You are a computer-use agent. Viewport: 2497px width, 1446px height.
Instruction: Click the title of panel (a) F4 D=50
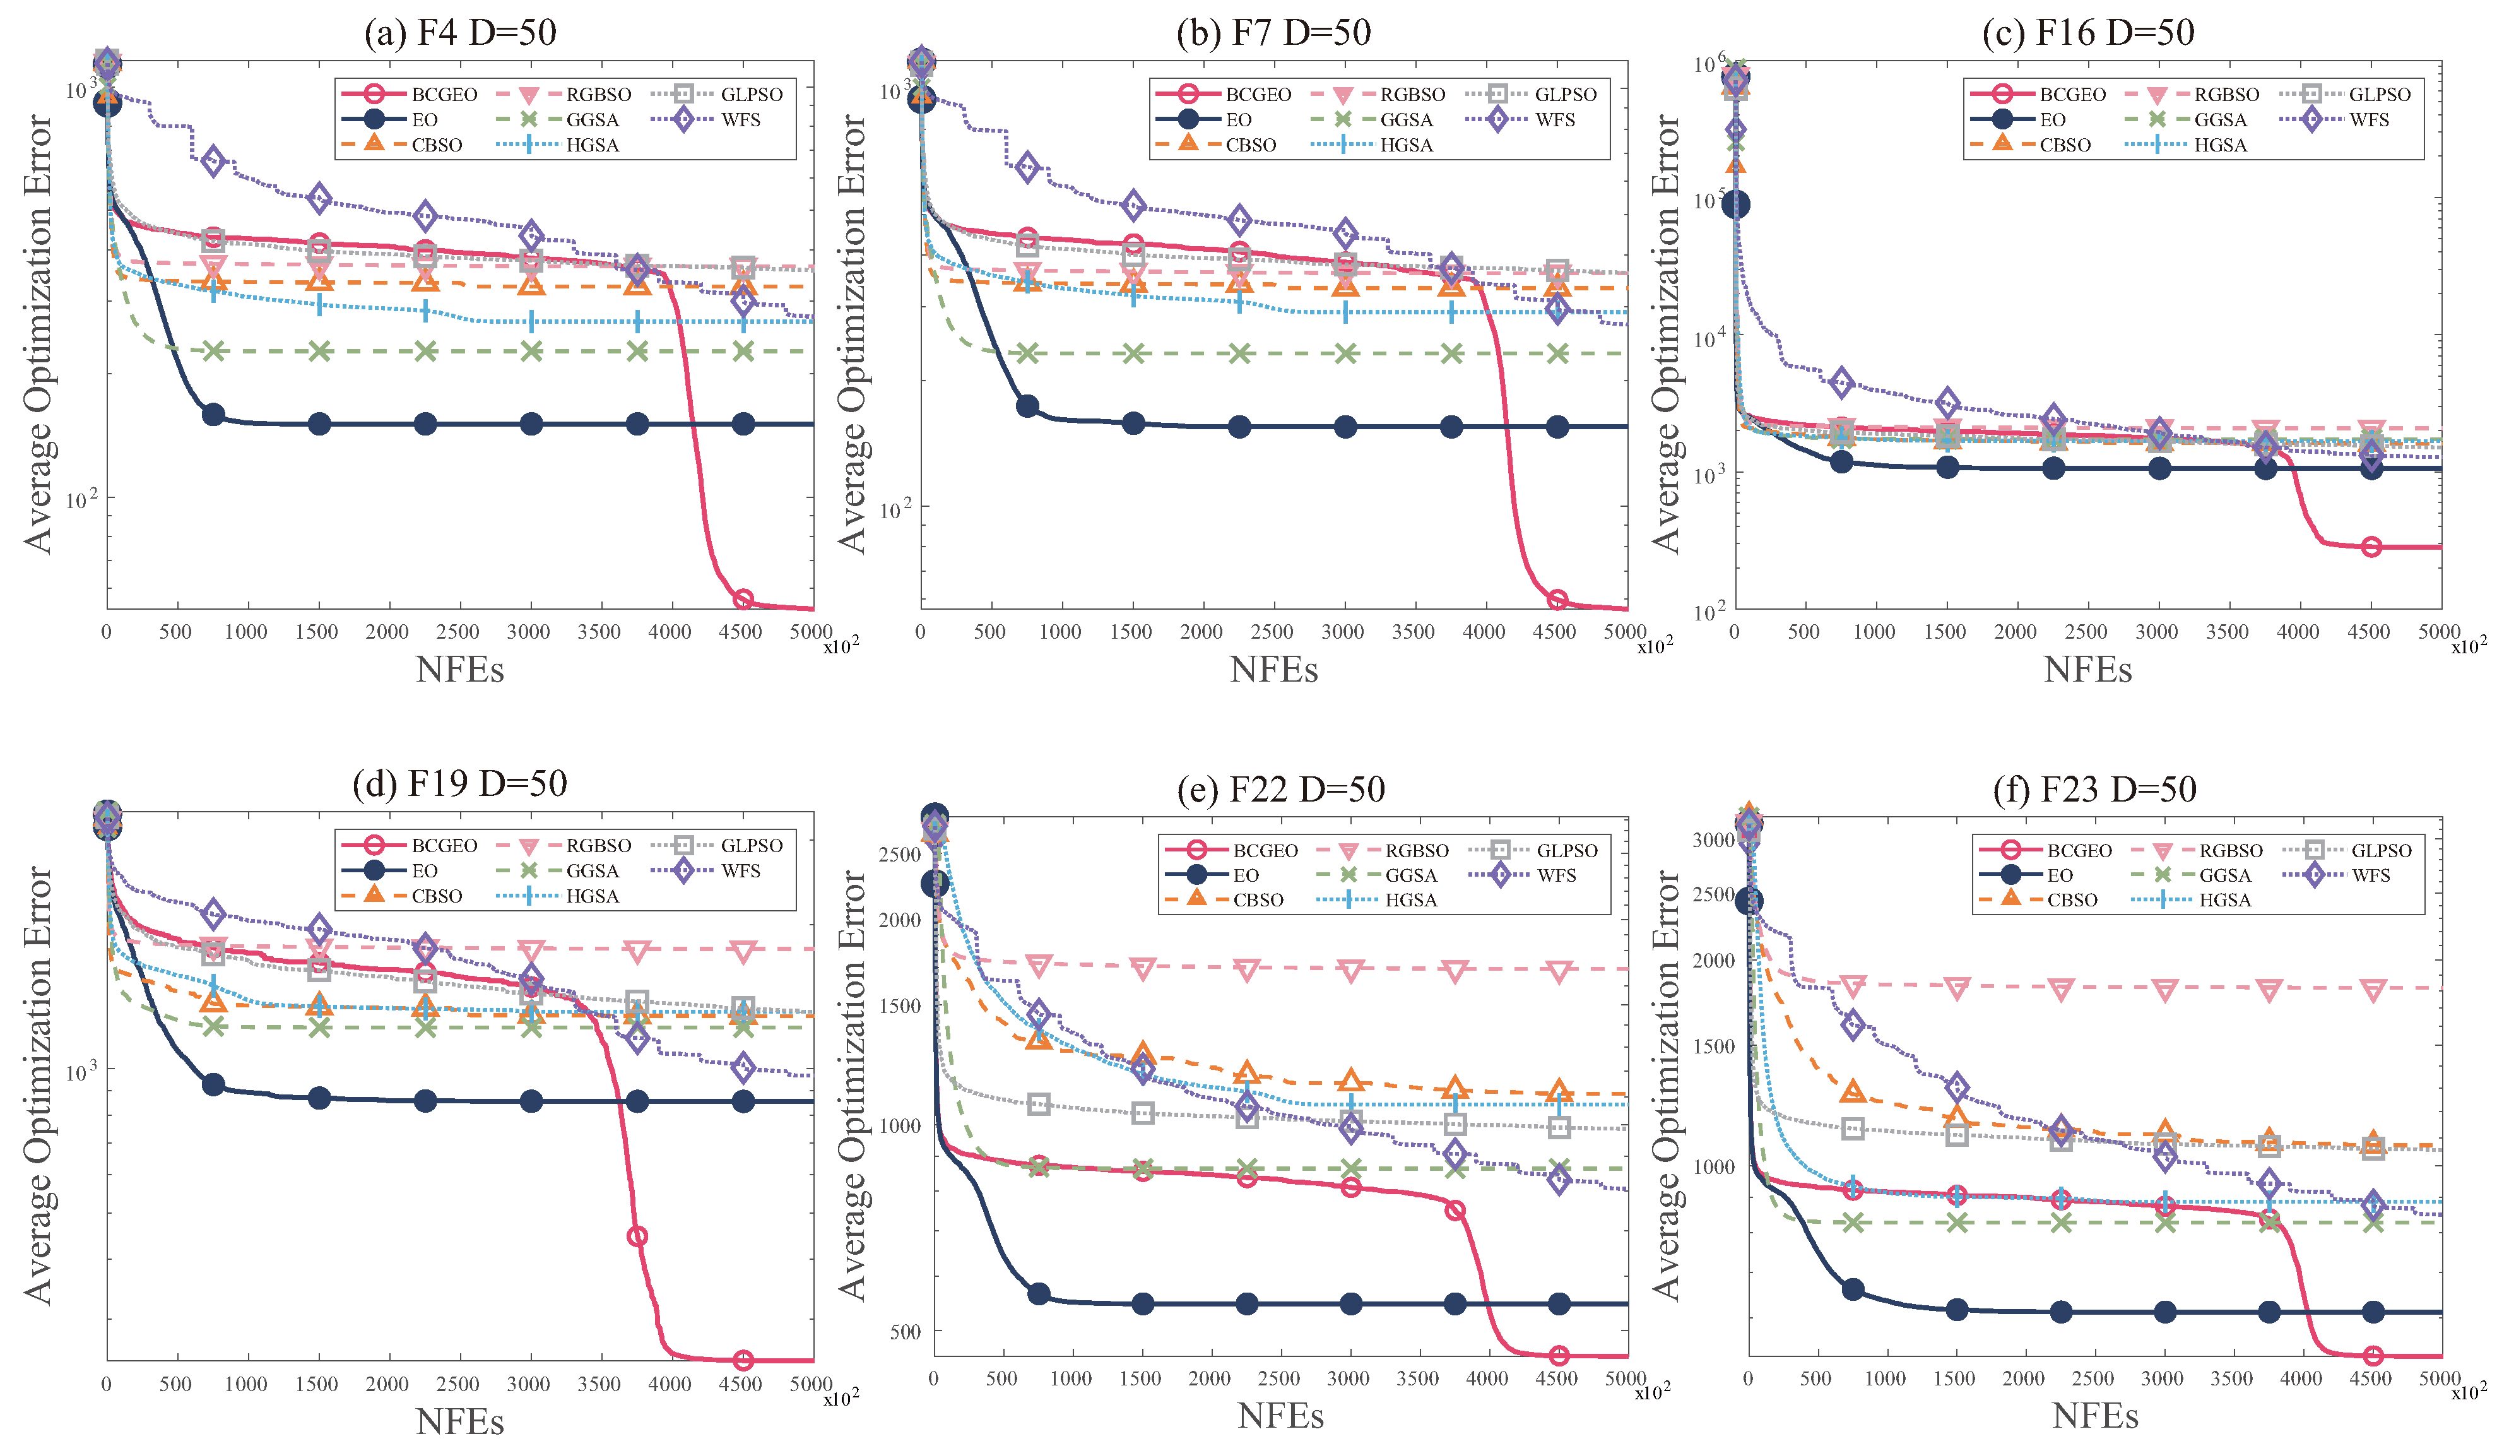[460, 33]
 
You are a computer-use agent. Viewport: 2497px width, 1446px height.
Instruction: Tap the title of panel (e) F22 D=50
[1280, 789]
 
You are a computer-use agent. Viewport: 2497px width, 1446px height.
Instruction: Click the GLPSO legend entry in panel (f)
[2347, 850]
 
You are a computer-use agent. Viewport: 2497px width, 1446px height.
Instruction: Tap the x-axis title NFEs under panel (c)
[2087, 670]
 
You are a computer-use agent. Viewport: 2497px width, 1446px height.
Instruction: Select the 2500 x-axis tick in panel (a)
[457, 631]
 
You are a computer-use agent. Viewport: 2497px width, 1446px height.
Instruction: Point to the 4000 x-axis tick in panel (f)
[2301, 1378]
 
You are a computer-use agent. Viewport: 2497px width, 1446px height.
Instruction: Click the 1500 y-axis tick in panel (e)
[900, 1005]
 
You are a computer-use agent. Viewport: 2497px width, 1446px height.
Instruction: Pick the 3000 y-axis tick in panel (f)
[1715, 839]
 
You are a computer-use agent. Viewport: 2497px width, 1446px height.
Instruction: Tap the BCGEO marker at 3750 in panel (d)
[637, 1236]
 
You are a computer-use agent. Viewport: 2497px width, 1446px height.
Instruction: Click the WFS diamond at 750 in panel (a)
[213, 160]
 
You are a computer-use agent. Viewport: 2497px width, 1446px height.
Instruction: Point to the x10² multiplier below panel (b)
[1654, 646]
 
